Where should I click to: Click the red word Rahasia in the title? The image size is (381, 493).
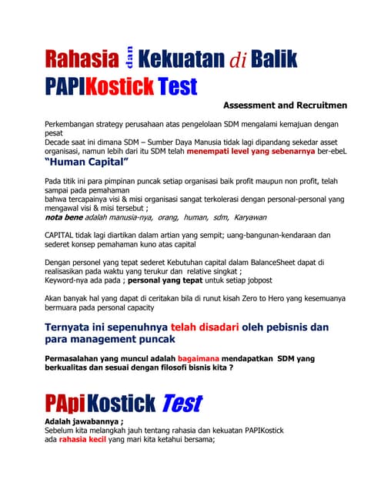pyautogui.click(x=82, y=59)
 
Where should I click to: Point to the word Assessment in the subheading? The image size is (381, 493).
pyautogui.click(x=255, y=104)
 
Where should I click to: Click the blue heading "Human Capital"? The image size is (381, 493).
pyautogui.click(x=87, y=164)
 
